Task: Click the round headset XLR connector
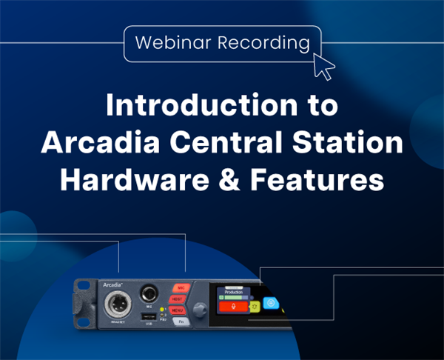[117, 303]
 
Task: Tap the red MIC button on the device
[181, 287]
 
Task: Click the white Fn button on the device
[179, 321]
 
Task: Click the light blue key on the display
[271, 302]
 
